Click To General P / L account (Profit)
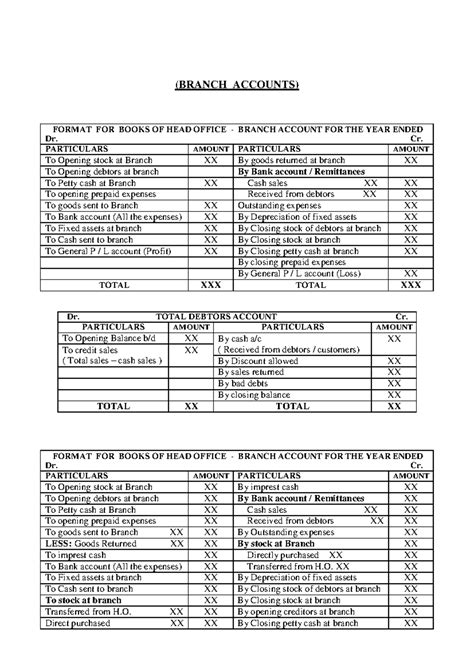click(113, 252)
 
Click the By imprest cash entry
click(277, 486)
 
